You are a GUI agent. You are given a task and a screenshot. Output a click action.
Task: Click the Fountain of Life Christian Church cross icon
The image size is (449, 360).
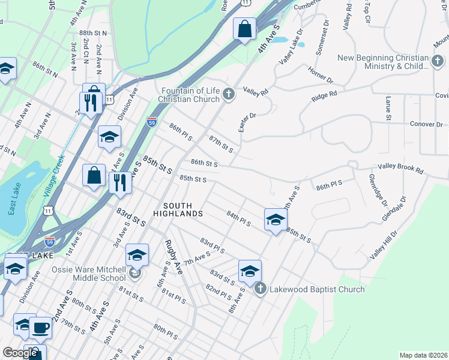(228, 94)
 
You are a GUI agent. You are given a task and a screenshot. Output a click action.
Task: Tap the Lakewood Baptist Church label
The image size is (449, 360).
(316, 289)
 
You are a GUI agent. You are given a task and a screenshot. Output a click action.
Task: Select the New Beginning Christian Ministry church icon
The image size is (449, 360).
(438, 61)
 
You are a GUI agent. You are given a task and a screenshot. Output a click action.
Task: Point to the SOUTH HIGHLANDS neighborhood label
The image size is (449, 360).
(178, 209)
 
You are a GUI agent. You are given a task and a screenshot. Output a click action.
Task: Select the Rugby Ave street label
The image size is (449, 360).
(173, 257)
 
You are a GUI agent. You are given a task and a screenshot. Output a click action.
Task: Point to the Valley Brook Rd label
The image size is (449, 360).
(400, 170)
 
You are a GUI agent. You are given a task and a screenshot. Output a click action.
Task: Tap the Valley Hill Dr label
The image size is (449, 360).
(384, 245)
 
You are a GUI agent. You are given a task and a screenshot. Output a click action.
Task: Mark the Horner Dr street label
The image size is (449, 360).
(321, 76)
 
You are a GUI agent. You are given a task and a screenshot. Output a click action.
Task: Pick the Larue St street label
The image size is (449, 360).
(388, 109)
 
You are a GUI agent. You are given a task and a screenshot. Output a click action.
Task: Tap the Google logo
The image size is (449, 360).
(19, 353)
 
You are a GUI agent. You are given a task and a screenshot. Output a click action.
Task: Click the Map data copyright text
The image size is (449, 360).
(423, 355)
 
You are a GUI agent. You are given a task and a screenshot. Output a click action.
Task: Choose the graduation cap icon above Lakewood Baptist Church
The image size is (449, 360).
(250, 271)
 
